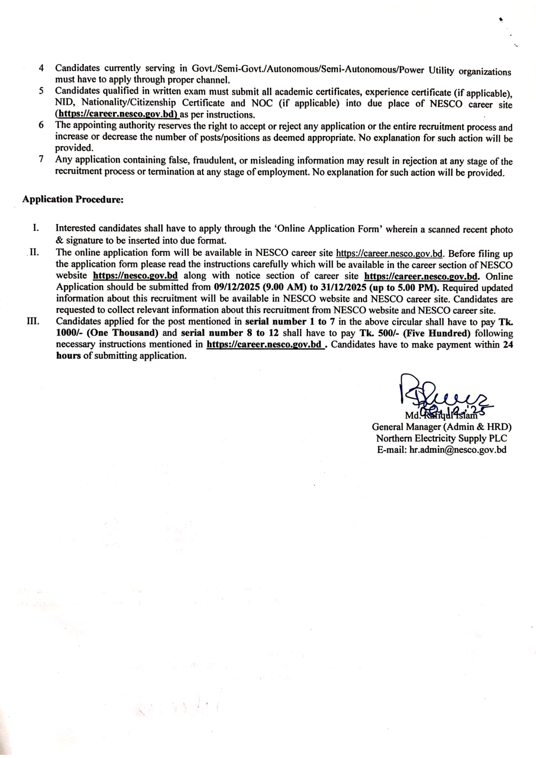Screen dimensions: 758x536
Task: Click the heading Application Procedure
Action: coord(73,199)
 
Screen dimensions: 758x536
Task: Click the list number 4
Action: coord(41,68)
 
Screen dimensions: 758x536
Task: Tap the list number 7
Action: coord(41,159)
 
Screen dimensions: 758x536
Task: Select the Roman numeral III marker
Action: coord(33,321)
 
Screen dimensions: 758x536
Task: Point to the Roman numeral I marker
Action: coord(35,228)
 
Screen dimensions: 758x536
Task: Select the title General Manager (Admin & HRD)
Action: coord(441,427)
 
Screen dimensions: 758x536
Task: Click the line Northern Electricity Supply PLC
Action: coord(441,438)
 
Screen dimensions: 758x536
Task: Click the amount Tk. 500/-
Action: coord(378,333)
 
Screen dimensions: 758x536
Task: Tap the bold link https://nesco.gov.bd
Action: coord(135,275)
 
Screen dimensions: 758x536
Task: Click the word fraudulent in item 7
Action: coord(213,160)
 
